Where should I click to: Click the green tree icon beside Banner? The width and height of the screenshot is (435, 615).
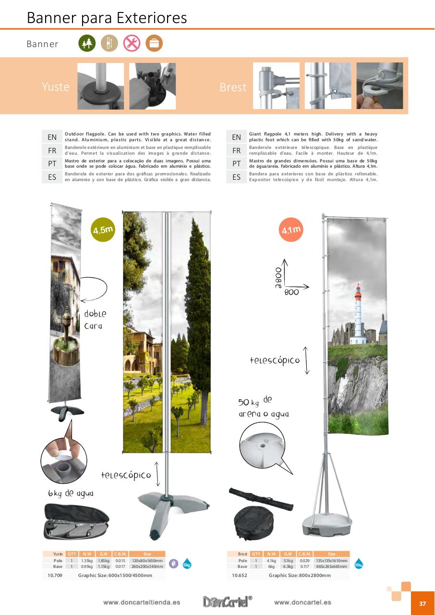(87, 44)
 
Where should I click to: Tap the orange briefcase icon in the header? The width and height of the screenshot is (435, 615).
(154, 44)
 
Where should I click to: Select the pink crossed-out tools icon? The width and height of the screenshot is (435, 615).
(132, 44)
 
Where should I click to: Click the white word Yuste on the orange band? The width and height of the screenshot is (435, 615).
(56, 87)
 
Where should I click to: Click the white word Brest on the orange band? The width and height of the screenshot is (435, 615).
(233, 87)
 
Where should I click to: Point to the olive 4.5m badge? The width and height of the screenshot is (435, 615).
(103, 230)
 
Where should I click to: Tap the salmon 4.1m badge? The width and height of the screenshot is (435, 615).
(291, 230)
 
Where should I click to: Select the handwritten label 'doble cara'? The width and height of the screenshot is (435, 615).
(95, 320)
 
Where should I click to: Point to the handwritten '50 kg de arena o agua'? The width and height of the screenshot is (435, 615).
(263, 407)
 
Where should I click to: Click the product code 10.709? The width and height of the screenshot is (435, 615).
(55, 575)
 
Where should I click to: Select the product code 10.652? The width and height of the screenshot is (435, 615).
(239, 575)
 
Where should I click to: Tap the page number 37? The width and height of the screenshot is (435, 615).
(423, 604)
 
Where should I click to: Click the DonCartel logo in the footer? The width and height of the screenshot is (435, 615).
(227, 602)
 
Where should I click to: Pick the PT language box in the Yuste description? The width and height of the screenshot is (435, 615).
(52, 163)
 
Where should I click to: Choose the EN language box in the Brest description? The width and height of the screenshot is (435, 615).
(236, 137)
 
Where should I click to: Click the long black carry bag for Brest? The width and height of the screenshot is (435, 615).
(262, 499)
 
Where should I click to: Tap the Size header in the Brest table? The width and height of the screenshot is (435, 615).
(331, 554)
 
